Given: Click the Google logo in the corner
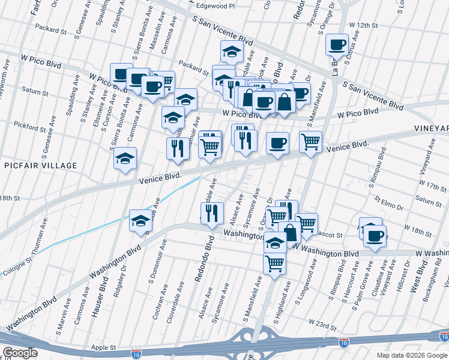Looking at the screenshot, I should coord(20,353).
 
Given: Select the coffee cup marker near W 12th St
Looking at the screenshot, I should coord(337,44).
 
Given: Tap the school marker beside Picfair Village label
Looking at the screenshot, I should coord(125,158).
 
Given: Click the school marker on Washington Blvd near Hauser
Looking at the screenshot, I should coord(140,220).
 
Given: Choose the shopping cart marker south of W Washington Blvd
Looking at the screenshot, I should coord(274,263).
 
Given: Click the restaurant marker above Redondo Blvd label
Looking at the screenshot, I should coord(211,213).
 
